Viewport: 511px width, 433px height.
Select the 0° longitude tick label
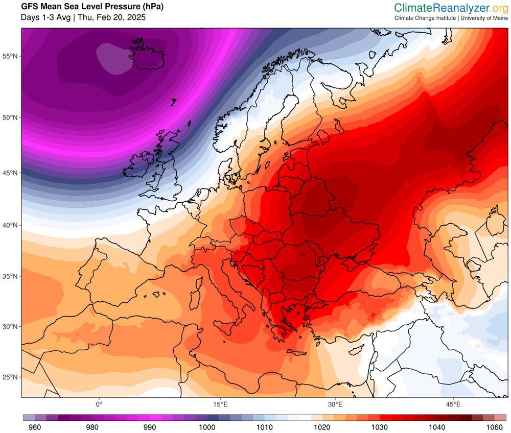[x=99, y=404]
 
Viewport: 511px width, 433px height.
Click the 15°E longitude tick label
[x=221, y=404]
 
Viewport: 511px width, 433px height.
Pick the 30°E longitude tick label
[x=335, y=404]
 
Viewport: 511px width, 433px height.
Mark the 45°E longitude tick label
[x=453, y=404]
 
